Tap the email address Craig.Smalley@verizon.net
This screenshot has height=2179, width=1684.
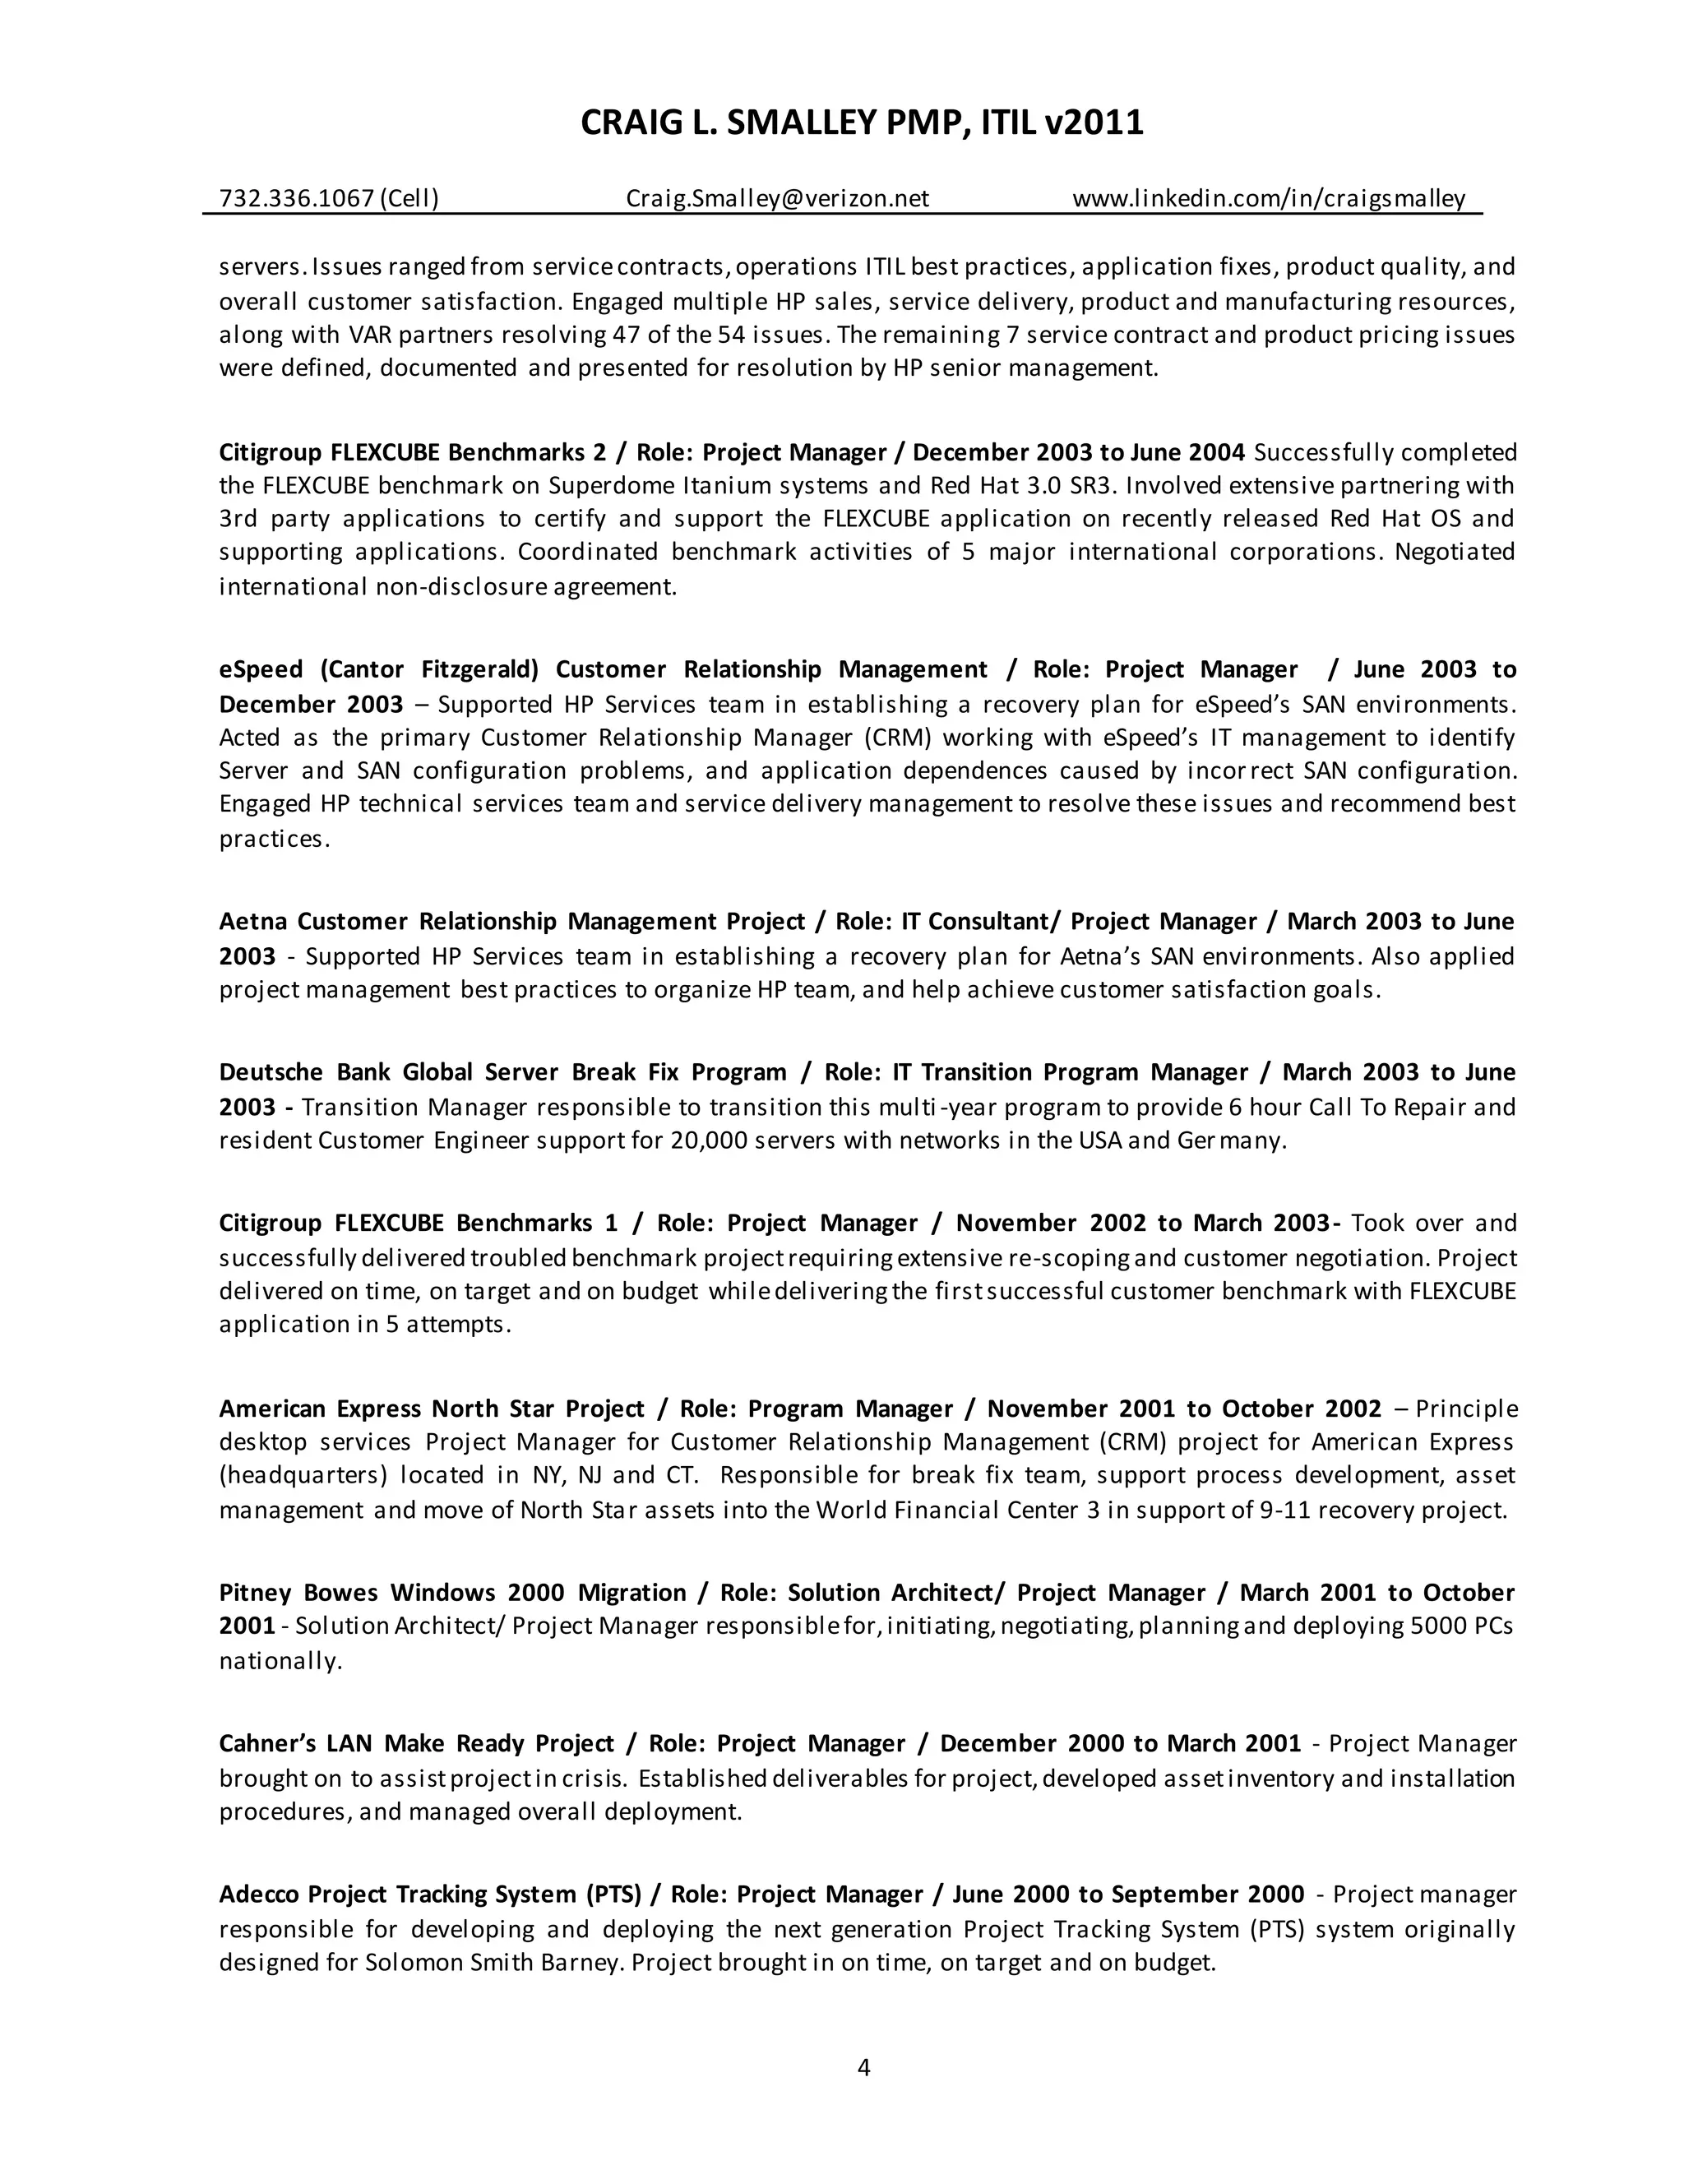777,198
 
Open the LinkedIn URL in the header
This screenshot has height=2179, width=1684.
1269,198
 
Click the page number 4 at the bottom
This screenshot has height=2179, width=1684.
864,2067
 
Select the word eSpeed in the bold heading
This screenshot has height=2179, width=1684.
261,669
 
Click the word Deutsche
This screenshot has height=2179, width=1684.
271,1072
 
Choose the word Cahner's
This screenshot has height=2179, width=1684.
266,1743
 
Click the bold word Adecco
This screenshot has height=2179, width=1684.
258,1894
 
